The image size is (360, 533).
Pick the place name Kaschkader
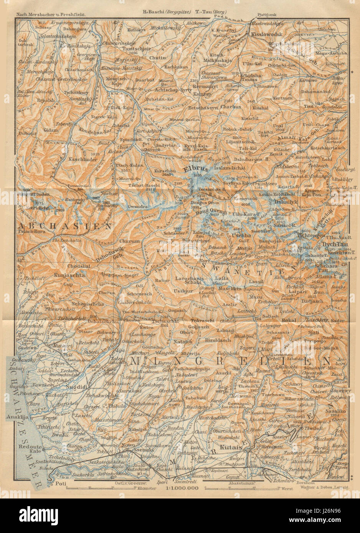(82, 158)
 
